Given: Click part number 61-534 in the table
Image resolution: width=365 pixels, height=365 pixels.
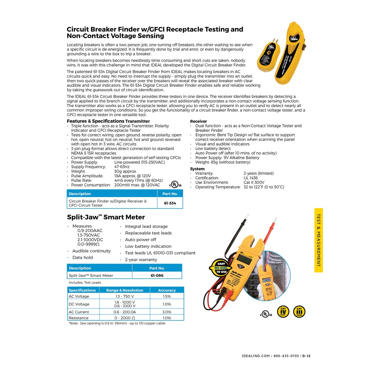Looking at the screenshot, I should coord(170,203).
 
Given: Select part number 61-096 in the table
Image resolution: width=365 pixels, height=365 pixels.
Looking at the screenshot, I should coord(157,276).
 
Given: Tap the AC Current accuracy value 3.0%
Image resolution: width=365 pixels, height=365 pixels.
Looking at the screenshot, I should coord(167,312).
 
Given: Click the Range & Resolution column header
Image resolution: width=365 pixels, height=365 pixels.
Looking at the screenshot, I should coord(124,290).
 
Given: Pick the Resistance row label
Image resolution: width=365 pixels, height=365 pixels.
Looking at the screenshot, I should coord(78,318).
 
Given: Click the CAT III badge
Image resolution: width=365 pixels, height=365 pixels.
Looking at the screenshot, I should coord(299,311).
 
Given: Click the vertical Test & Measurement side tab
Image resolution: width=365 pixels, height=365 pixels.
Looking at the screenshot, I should coord(318,240).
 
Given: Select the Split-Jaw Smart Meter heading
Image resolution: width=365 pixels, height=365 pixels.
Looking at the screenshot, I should coord(106,217).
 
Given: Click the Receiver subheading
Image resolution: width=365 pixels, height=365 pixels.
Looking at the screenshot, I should coord(199,121).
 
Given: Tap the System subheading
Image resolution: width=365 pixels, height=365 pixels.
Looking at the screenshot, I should coord(197,169).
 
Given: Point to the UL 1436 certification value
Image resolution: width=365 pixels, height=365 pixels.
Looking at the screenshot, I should coord(250,178).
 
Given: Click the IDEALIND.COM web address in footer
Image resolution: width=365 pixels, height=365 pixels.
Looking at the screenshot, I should coord(255,356).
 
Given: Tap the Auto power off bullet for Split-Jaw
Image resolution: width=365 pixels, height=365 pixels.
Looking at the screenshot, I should coord(141,240).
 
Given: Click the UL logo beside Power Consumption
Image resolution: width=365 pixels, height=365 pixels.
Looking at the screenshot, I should coord(177,182).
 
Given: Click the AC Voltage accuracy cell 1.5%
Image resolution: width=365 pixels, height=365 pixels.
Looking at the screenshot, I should coord(167,296).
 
